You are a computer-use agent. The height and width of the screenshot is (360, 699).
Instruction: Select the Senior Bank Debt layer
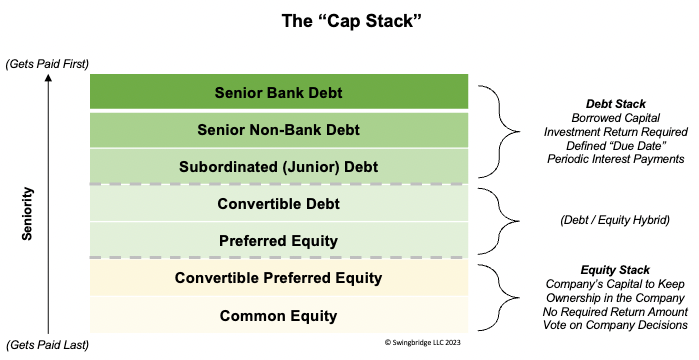pos(278,93)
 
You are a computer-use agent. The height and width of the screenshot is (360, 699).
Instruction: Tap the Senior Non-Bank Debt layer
pos(278,130)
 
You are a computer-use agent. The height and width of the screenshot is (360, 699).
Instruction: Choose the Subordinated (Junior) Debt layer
pos(278,166)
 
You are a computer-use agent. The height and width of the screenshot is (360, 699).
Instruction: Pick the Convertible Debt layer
pos(278,204)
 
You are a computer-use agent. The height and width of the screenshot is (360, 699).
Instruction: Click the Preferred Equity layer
pos(278,240)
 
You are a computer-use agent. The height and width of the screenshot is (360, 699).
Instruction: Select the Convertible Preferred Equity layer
pos(278,277)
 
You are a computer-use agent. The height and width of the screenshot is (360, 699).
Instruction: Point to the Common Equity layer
pos(278,315)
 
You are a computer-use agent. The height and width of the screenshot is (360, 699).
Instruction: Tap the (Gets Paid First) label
pos(47,64)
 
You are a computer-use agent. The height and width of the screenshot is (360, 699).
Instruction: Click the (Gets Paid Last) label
pos(47,344)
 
